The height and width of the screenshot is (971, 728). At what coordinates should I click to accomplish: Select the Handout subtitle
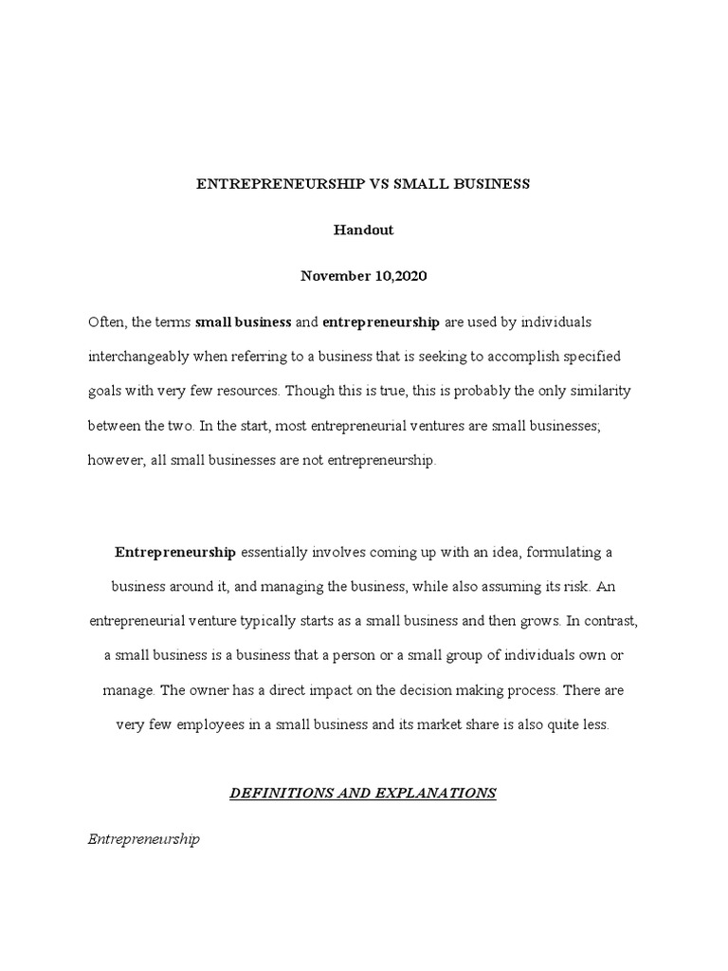pos(363,229)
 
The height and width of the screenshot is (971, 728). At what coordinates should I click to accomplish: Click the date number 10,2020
pos(398,276)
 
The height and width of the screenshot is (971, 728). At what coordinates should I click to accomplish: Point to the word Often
pos(106,322)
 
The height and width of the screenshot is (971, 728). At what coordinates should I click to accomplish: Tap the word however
pos(116,460)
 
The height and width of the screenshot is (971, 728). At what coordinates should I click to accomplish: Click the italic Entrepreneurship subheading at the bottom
pos(143,839)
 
